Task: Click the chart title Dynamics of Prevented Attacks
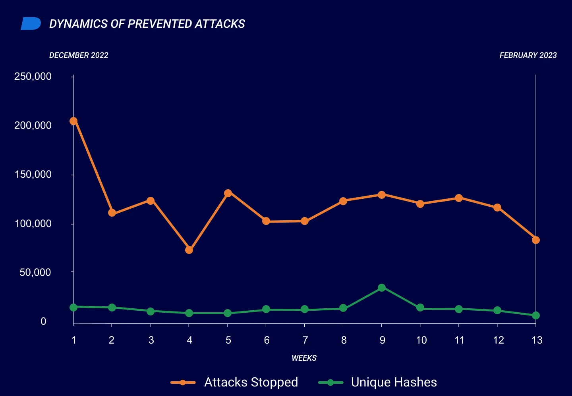(147, 24)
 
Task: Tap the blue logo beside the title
(31, 24)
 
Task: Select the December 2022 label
(79, 55)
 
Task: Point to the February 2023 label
(528, 55)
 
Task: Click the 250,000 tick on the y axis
(33, 76)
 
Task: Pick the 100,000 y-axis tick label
(33, 223)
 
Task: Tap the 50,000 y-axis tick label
(35, 272)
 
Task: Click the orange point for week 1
(73, 121)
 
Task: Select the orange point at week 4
(189, 250)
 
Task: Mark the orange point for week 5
(228, 193)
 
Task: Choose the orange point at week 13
(535, 240)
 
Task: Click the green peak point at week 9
(382, 288)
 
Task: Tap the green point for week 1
(73, 307)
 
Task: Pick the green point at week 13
(535, 315)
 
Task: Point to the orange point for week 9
(382, 195)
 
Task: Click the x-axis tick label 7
(305, 340)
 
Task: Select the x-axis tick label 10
(421, 340)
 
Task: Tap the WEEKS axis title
(304, 358)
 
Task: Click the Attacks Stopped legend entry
(234, 382)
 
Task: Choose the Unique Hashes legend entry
(377, 382)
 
